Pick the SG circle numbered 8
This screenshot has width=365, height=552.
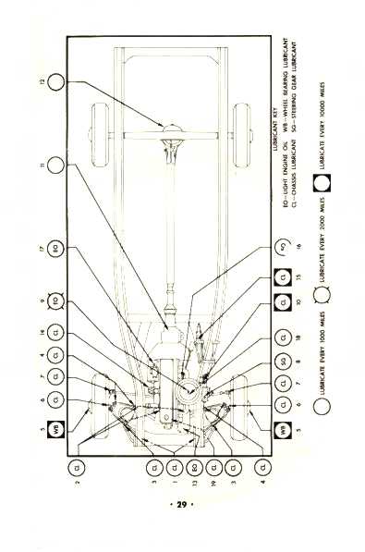click(x=286, y=362)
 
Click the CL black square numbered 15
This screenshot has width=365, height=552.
click(x=286, y=275)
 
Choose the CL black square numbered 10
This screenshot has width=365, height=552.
click(x=286, y=301)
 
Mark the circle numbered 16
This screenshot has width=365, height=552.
click(x=286, y=248)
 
